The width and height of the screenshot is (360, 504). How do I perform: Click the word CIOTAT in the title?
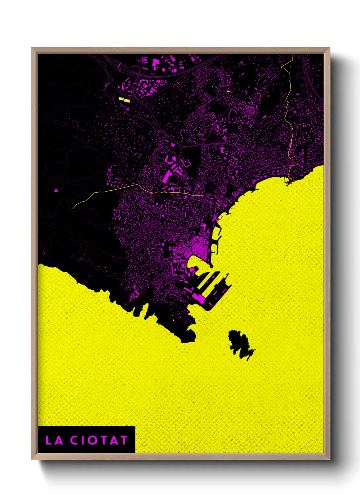pos(99,440)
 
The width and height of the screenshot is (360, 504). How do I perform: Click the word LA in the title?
pos(54,440)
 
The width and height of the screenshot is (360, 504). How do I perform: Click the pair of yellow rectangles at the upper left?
pos(124,100)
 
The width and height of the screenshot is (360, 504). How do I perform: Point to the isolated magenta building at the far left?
pos(56,190)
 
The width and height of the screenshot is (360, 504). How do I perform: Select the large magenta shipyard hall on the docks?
pos(199,299)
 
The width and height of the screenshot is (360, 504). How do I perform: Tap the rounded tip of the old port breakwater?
pos(211,265)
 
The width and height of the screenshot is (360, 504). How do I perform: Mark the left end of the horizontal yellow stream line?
pos(73,208)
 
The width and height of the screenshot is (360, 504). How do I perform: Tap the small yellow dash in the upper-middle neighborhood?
pos(228,91)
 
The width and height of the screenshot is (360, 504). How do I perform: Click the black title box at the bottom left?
pos(86,439)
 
